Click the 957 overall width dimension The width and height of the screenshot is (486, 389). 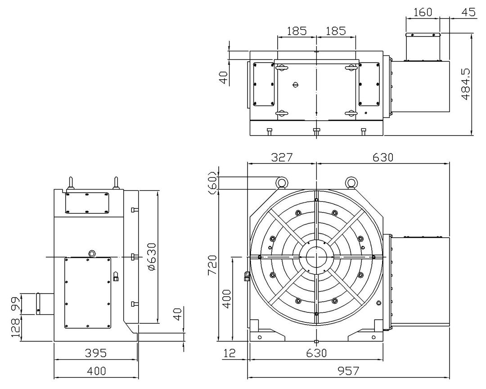pos(348,371)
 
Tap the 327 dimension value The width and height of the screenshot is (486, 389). pos(282,157)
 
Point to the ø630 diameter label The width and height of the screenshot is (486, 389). pos(152,257)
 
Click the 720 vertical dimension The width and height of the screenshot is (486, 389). pos(212,266)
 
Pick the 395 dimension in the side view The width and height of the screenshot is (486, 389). pos(96,353)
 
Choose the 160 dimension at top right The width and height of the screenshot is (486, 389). pos(423,12)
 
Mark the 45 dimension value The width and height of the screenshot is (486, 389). pos(468,12)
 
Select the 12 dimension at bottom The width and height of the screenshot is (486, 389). pos(229,353)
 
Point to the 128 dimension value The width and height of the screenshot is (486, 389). pos(15,328)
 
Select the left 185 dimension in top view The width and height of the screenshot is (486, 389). pos(297,31)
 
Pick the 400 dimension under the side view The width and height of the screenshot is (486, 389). pos(96,371)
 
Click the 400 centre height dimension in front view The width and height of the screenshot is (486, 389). pos(227,299)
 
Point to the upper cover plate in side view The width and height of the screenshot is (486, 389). pos(87,203)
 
